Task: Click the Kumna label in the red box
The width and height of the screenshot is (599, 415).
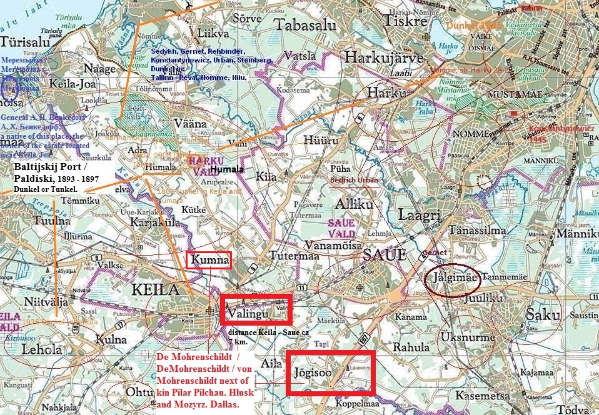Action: pos(209,260)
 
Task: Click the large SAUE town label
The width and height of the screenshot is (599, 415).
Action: pos(383,255)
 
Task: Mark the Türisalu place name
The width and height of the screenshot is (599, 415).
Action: pos(26,42)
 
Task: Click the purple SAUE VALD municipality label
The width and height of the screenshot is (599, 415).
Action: pos(340,228)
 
